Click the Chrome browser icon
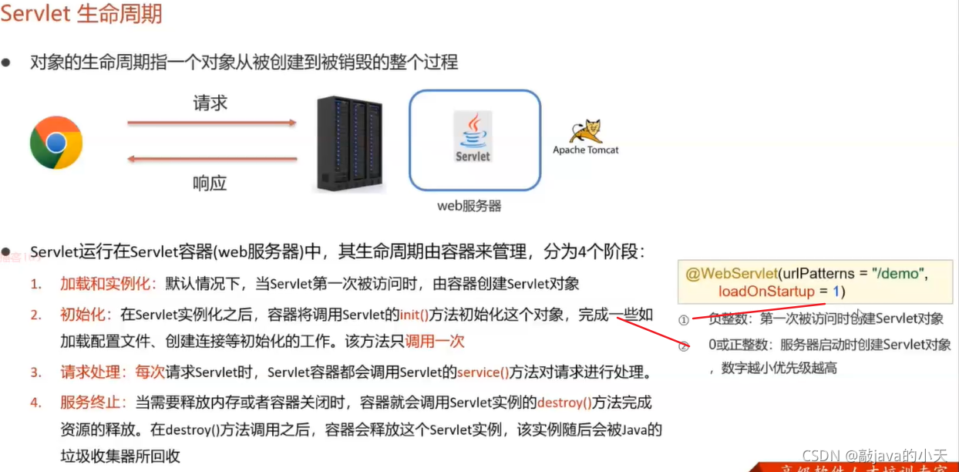[x=56, y=143]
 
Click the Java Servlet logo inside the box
[x=473, y=137]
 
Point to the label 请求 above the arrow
[x=210, y=103]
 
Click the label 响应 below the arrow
[x=210, y=184]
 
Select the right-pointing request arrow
[x=212, y=122]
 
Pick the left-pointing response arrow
[x=212, y=160]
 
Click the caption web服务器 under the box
[x=469, y=206]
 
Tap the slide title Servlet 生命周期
[x=82, y=14]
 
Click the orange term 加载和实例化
[x=109, y=284]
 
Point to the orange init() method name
[x=413, y=315]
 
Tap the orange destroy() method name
[x=564, y=403]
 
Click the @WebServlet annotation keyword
[x=730, y=273]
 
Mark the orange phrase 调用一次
[x=436, y=341]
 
